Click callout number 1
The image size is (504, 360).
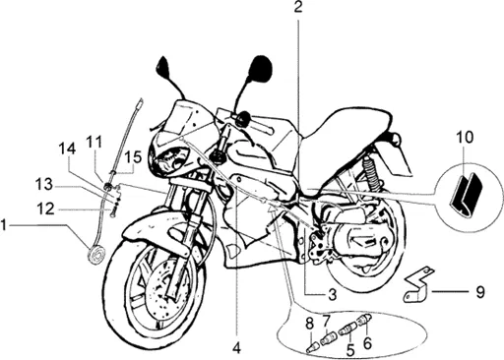[x=3, y=225]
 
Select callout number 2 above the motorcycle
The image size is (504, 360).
[x=298, y=7]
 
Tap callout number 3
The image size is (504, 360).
[x=333, y=295]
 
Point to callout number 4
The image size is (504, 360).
[x=236, y=348]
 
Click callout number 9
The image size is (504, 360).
[x=480, y=292]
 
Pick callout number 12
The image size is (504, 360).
[x=46, y=209]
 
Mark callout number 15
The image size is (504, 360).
[x=134, y=157]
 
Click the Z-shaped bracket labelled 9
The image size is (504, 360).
[x=418, y=285]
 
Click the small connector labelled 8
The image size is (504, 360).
[x=311, y=347]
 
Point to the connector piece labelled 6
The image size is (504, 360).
[x=364, y=319]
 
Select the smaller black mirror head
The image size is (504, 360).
[x=163, y=66]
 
